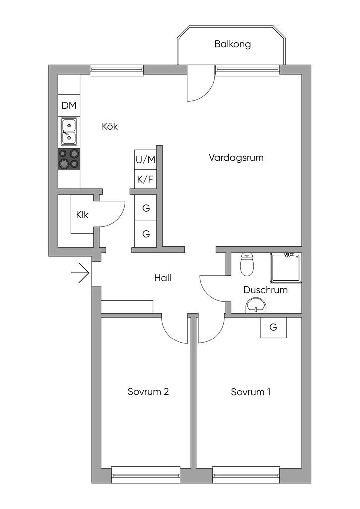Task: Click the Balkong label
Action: coord(232,44)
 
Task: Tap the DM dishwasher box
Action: coord(69,106)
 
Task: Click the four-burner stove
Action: coord(69,159)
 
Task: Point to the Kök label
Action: coord(109,126)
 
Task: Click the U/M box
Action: coord(145,160)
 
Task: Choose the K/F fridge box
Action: coord(145,179)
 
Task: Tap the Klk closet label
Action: coord(82,215)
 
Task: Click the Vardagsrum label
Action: coord(236,158)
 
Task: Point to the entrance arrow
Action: coord(80,272)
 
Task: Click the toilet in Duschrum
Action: coord(247,264)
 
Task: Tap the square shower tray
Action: coord(286,268)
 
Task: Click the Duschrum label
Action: coord(266,290)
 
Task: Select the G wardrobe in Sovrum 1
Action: coord(273,328)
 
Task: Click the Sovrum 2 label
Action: coord(148,392)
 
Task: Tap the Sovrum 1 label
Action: coord(251,392)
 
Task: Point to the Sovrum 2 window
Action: coord(146,475)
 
